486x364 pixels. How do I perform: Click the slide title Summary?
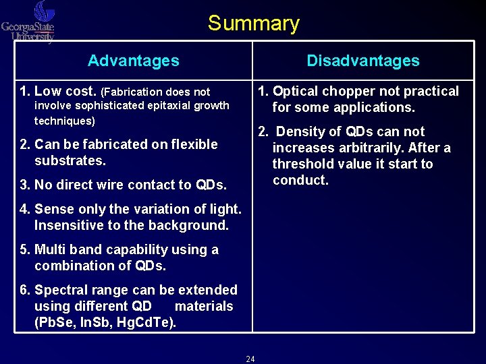(253, 24)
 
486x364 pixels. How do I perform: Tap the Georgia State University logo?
(28, 23)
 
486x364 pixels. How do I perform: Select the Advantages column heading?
(134, 61)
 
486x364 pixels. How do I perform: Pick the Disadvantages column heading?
(363, 61)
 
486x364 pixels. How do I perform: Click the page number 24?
(250, 359)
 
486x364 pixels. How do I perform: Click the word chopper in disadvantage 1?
(347, 91)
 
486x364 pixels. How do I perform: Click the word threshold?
(302, 164)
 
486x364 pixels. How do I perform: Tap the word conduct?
(300, 181)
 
